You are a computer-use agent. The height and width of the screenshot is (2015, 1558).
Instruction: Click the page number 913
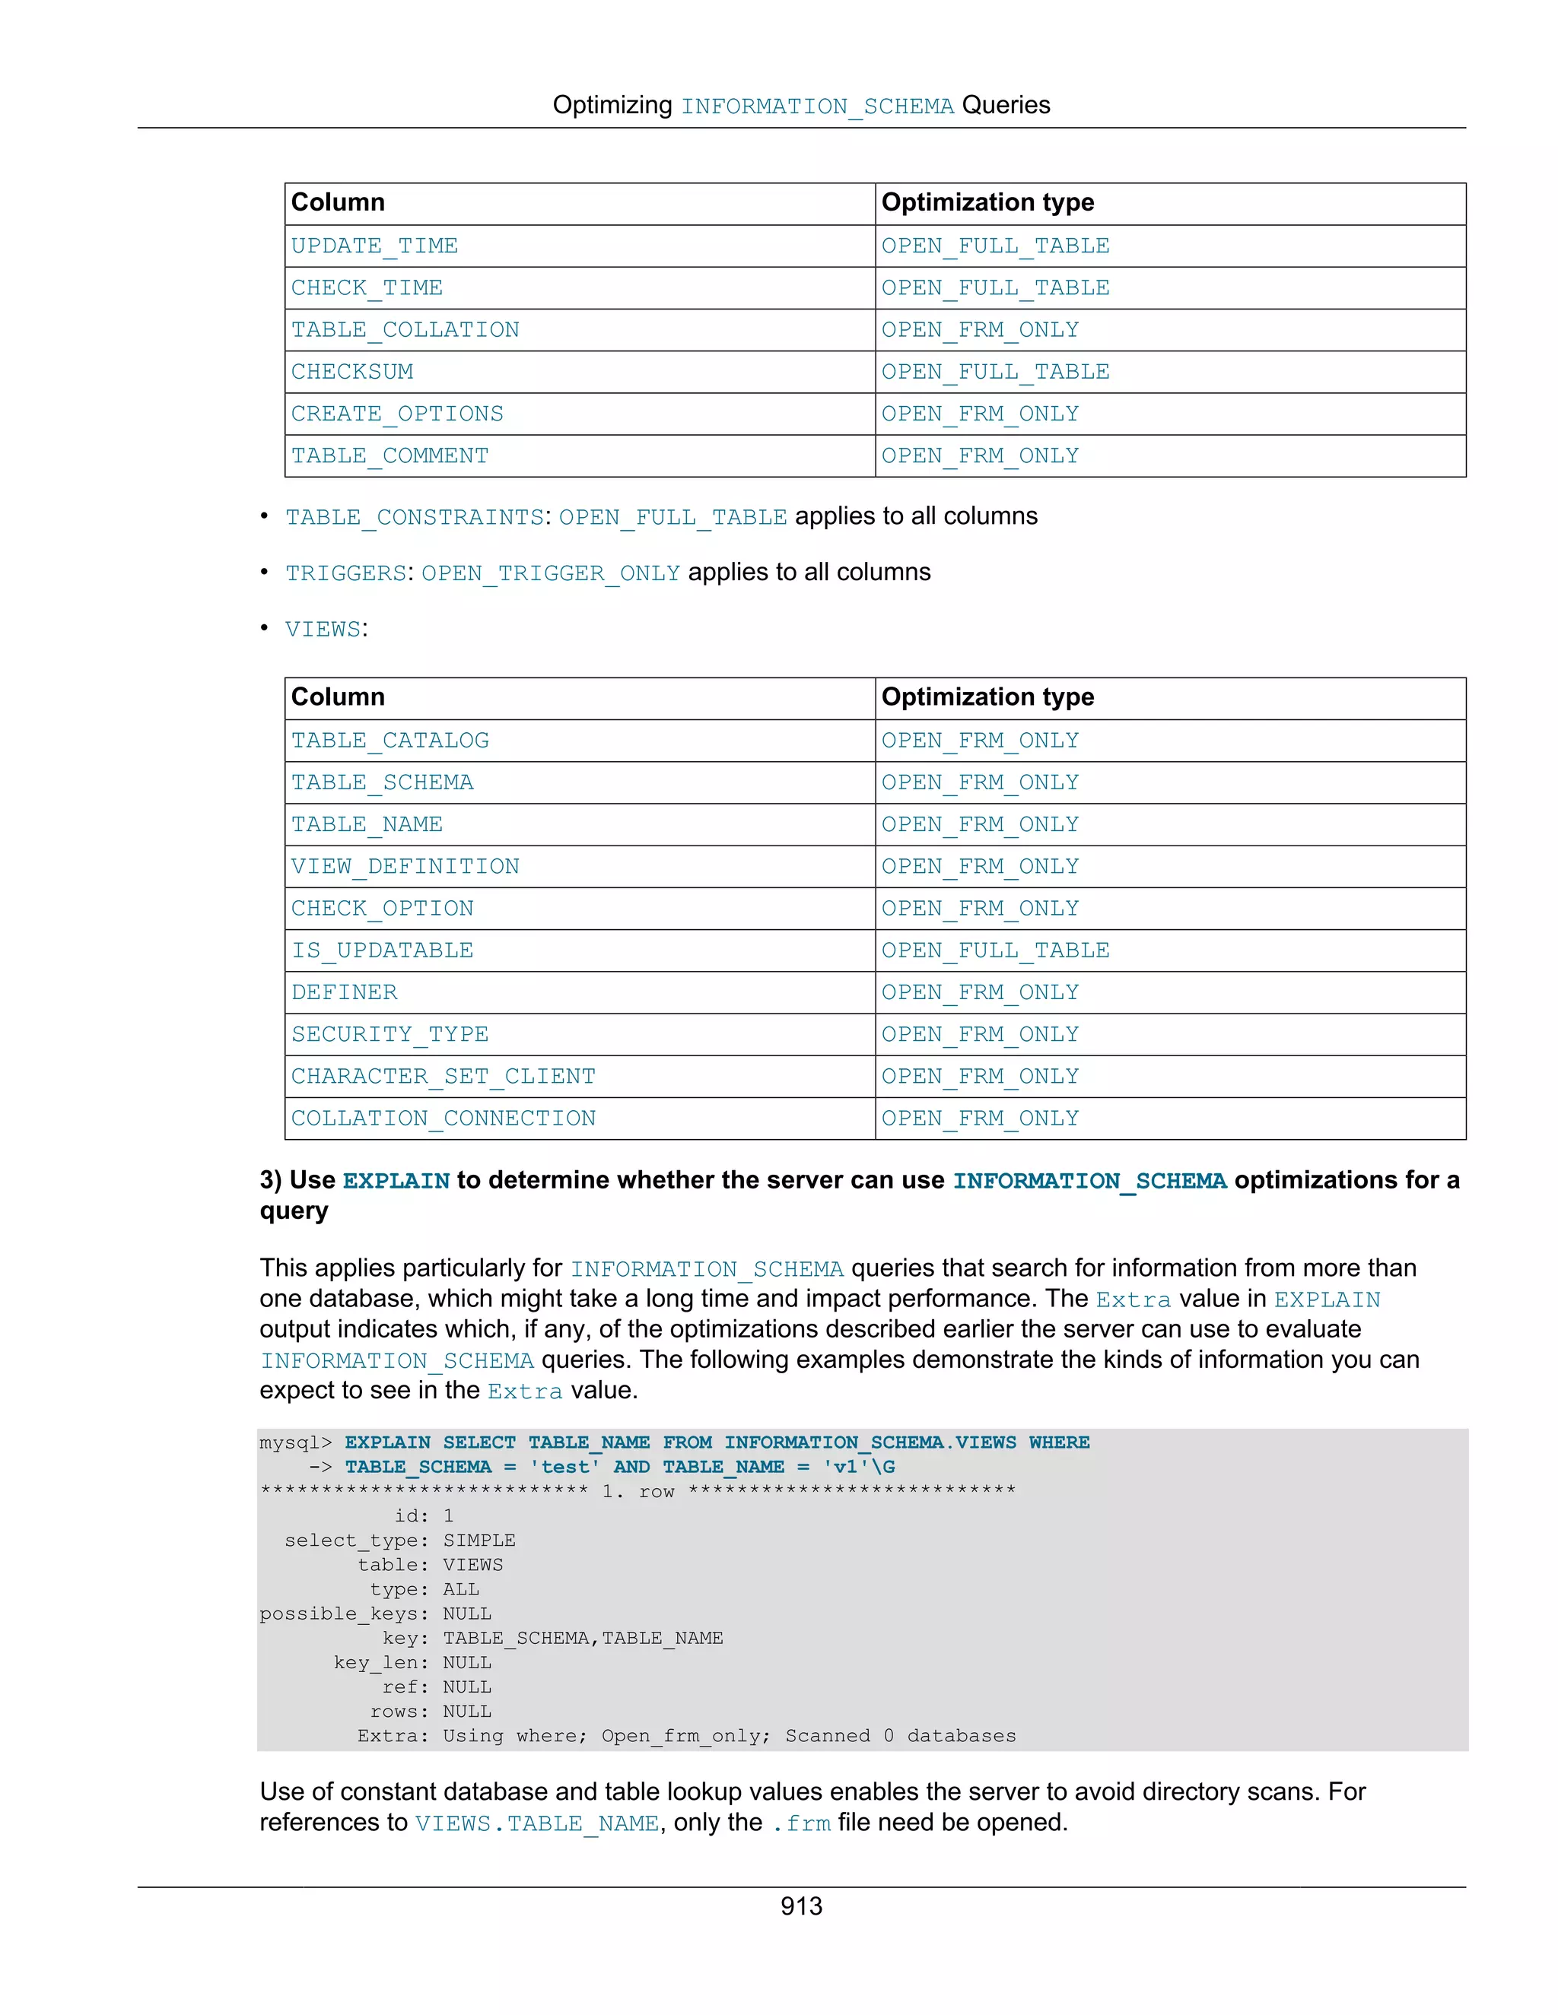[800, 1906]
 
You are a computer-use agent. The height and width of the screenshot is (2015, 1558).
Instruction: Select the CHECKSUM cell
[351, 372]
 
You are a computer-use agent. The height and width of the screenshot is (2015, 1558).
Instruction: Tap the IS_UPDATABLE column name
[382, 950]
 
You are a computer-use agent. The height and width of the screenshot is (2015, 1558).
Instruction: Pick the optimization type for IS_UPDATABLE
[995, 950]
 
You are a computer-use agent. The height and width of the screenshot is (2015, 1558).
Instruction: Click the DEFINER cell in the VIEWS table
[345, 993]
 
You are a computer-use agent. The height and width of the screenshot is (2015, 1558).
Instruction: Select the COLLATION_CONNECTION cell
[443, 1119]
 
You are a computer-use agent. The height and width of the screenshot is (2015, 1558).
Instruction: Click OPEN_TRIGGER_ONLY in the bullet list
[550, 573]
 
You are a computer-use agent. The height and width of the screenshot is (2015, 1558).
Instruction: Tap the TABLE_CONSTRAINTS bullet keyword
[415, 516]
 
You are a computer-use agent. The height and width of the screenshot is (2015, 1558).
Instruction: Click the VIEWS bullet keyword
[322, 630]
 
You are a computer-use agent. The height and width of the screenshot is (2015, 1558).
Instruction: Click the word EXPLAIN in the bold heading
[396, 1181]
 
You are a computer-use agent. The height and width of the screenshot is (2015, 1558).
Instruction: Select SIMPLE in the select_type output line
[479, 1540]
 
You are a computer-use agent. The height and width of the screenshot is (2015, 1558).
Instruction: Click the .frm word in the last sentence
[801, 1823]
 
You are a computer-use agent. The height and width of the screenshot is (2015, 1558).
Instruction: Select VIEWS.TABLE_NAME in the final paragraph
[536, 1823]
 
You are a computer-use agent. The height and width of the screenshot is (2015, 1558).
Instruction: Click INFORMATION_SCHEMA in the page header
[817, 106]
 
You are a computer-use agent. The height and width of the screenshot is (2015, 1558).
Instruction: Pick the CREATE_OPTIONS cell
[397, 414]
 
